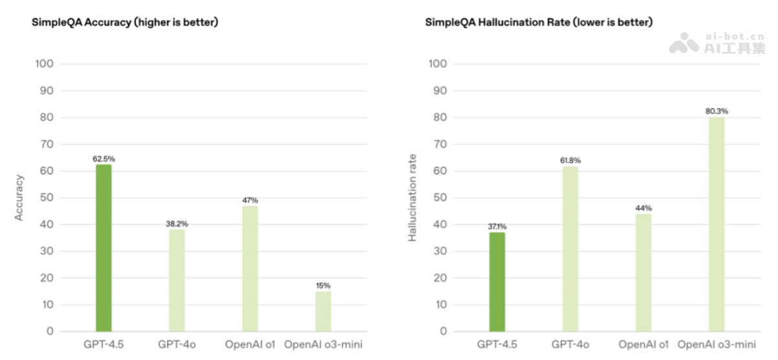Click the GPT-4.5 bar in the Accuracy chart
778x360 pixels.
[104, 248]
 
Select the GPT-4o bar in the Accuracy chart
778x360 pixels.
[177, 280]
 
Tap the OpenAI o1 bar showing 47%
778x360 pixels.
[250, 269]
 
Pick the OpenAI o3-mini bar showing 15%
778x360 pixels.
[323, 311]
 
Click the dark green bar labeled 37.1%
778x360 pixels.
[497, 282]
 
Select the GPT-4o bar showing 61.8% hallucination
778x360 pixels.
[570, 248]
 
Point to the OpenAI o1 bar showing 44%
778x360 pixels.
[643, 272]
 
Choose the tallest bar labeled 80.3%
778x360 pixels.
[716, 224]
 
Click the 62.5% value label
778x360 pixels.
[104, 159]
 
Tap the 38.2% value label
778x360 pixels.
[177, 224]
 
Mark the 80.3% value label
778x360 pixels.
[716, 111]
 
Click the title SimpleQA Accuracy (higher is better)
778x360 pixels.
[125, 22]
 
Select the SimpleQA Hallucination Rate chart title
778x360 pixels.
[538, 22]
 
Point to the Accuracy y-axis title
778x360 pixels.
[19, 197]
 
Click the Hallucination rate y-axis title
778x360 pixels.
[412, 197]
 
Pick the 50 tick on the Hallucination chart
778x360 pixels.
[439, 198]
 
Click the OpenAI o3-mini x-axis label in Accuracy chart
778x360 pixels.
[323, 344]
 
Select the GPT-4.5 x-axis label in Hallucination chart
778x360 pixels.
[497, 344]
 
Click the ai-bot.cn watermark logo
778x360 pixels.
[716, 43]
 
